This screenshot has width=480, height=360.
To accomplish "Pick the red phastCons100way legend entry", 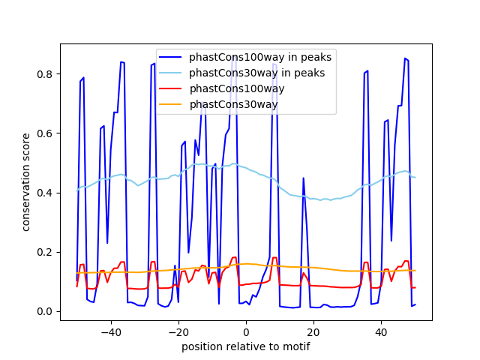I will (233, 88).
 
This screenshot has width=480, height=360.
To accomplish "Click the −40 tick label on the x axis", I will (110, 332).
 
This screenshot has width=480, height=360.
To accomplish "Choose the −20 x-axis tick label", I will (178, 332).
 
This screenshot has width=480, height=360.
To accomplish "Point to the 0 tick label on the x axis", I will (246, 332).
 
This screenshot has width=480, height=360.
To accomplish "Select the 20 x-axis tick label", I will (313, 332).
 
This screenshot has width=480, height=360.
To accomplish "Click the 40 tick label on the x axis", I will (381, 332).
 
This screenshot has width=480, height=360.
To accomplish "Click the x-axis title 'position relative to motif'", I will (245, 346).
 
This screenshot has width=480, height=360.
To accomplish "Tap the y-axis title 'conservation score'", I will (26, 181).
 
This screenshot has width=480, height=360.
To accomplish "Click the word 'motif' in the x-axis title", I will (296, 346).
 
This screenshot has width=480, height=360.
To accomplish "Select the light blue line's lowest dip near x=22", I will (320, 200).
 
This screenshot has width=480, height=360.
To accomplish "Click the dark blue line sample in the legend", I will (172, 57).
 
